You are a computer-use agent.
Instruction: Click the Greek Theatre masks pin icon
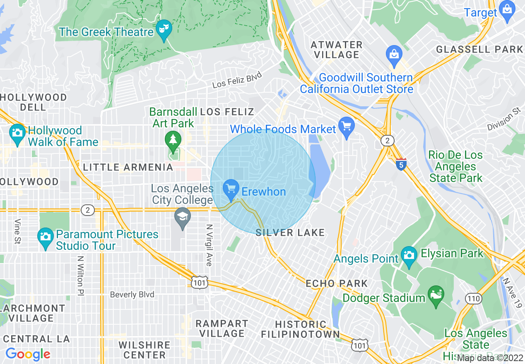pyautogui.click(x=164, y=29)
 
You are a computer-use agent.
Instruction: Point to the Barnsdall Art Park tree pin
pyautogui.click(x=173, y=141)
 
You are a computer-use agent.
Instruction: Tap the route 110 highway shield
pyautogui.click(x=472, y=298)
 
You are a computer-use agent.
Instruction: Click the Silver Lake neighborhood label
pyautogui.click(x=290, y=233)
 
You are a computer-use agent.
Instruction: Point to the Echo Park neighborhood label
pyautogui.click(x=337, y=284)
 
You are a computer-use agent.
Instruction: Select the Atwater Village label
pyautogui.click(x=337, y=50)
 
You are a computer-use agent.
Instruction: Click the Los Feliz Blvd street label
pyautogui.click(x=237, y=79)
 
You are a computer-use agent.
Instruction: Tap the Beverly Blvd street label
pyautogui.click(x=132, y=295)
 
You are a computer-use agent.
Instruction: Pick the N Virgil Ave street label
pyautogui.click(x=209, y=245)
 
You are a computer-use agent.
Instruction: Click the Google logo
pyautogui.click(x=28, y=354)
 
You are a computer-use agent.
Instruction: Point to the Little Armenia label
pyautogui.click(x=128, y=167)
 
